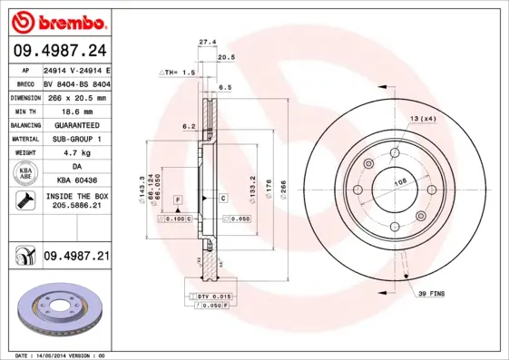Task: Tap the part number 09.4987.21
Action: [x=76, y=257]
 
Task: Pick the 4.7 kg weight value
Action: [x=76, y=153]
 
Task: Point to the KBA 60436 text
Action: [x=76, y=180]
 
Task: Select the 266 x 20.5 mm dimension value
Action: [x=76, y=97]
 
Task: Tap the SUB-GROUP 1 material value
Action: [x=76, y=139]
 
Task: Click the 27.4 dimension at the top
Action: [x=207, y=42]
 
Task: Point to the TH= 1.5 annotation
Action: [x=177, y=72]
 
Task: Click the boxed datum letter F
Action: [x=179, y=198]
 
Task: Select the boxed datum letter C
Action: [x=222, y=198]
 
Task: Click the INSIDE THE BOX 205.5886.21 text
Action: [x=76, y=201]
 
